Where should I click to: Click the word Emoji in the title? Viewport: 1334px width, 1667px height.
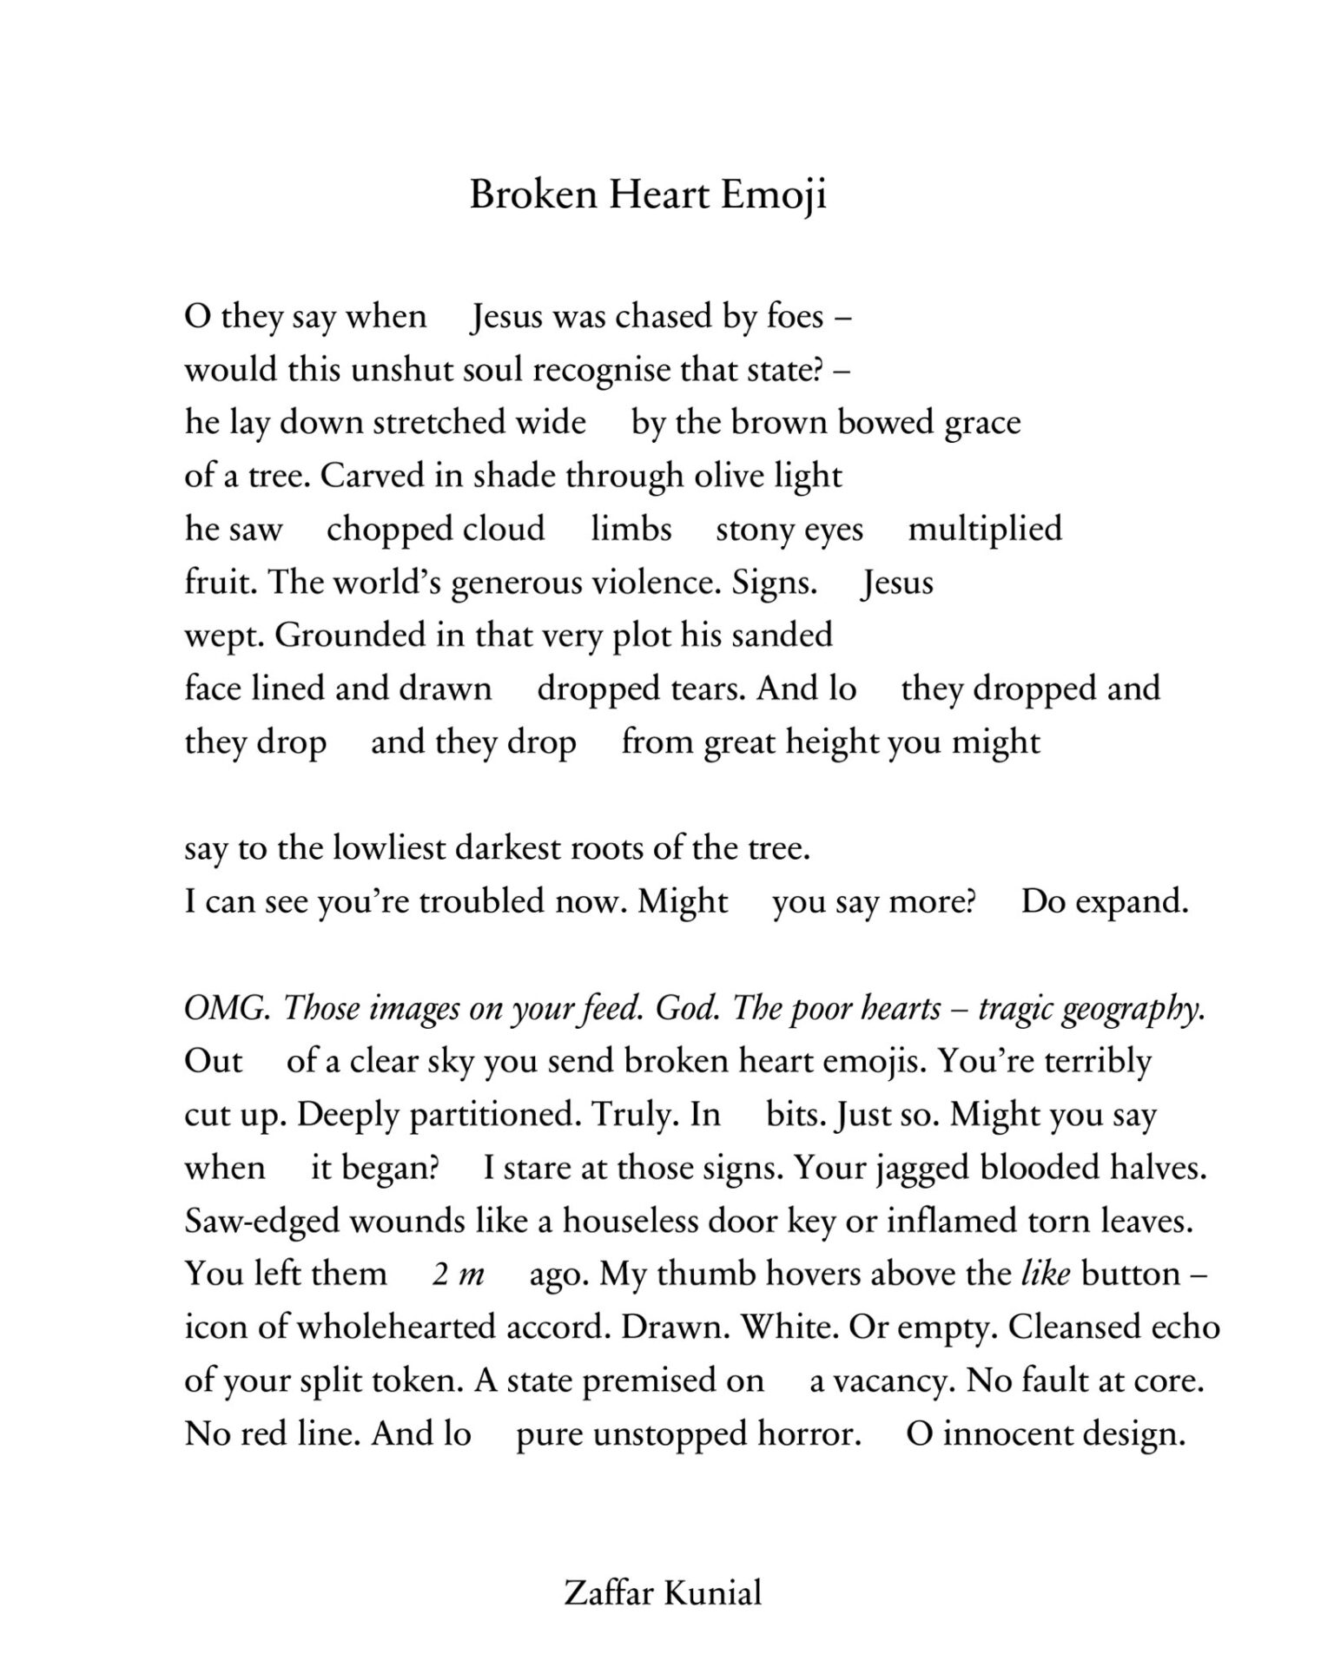click(x=774, y=194)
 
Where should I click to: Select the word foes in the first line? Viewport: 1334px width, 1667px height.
click(x=795, y=317)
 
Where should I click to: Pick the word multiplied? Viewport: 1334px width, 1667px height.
click(x=985, y=529)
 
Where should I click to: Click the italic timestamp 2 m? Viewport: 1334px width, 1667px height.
click(x=458, y=1275)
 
